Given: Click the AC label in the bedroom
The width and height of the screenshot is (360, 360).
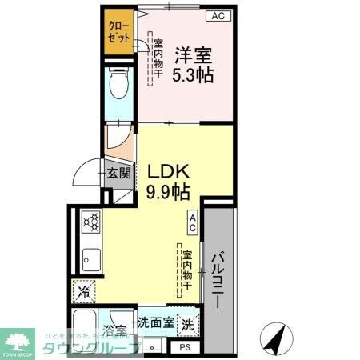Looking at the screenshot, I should [x=218, y=15].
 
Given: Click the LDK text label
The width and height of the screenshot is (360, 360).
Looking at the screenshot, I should [x=168, y=172].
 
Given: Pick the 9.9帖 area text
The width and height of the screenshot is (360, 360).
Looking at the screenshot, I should [x=168, y=193].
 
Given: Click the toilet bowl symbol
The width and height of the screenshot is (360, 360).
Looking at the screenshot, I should [x=121, y=84].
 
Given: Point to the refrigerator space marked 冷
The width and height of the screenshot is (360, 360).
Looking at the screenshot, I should [x=83, y=292].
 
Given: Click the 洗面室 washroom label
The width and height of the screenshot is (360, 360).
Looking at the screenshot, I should [x=154, y=324].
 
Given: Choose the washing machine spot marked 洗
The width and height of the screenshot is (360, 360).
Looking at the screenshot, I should [x=186, y=325].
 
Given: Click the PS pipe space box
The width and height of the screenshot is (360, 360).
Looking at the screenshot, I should [x=185, y=347].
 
